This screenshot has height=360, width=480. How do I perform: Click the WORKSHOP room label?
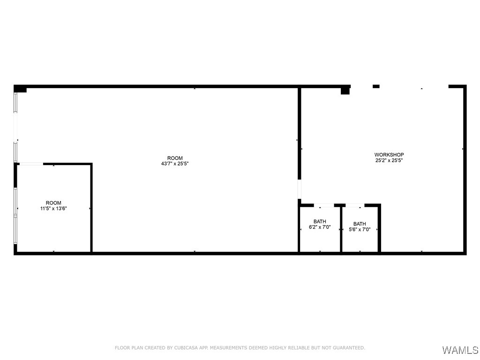pos(389,155)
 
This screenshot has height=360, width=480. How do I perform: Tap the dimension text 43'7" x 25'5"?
pos(175,164)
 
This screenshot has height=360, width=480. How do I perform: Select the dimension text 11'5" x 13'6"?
pos(53,209)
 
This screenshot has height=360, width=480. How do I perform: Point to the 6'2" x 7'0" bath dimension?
pos(320,227)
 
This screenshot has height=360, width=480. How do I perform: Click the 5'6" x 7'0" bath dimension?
pos(360,230)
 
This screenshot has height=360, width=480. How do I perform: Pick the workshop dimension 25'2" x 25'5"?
pos(389,160)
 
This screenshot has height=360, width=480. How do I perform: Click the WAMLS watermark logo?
pos(460,350)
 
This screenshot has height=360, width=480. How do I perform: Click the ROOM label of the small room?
pos(53,203)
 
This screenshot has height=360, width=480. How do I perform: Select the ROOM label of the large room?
pos(175,158)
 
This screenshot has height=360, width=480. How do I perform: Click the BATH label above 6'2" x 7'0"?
pos(320,222)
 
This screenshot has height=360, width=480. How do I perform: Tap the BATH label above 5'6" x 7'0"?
pos(360,224)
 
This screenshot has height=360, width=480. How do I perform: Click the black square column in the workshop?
pos(345,90)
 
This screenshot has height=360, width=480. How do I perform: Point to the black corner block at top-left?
pos(20,89)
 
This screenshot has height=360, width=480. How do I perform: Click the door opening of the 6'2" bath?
pos(323,205)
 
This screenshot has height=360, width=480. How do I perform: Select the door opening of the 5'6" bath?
pos(355,205)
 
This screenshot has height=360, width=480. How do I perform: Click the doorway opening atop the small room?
pos(31,164)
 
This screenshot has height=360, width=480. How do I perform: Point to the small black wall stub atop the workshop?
pos(376,86)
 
